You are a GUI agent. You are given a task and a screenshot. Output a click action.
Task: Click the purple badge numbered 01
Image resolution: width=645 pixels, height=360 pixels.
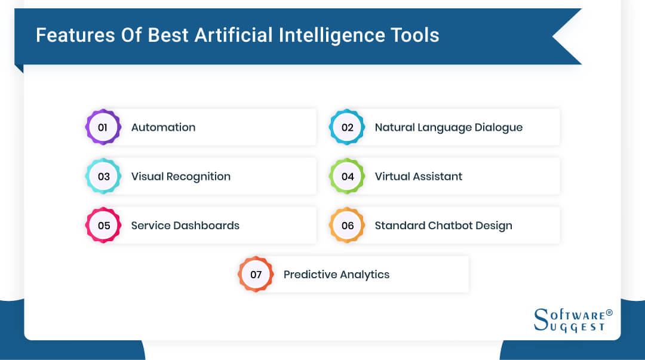103,127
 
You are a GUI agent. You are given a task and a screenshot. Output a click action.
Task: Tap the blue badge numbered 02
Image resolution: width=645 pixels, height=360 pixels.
347,127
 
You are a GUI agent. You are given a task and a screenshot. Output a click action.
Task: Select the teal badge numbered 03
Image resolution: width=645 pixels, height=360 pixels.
103,176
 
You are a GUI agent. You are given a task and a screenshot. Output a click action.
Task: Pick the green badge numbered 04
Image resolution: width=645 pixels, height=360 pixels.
347,176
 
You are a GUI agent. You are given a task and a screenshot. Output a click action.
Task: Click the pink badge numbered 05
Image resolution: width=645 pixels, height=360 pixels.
103,226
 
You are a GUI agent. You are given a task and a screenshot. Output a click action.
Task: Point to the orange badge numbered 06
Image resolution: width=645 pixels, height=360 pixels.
347,226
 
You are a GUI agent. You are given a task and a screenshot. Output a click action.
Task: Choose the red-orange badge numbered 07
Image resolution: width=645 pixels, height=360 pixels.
256,275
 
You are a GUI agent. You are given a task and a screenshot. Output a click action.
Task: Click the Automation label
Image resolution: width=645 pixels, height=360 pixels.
163,127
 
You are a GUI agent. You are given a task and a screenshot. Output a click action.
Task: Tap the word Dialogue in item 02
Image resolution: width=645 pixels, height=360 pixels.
499,127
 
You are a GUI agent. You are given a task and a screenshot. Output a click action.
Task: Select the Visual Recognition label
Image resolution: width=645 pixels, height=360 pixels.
180,176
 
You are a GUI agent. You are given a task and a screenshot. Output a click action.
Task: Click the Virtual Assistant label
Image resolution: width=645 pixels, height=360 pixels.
418,176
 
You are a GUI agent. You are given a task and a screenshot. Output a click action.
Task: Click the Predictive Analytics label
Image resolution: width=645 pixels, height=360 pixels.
336,275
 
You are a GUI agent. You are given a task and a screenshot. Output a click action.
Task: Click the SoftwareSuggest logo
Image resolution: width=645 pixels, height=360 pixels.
570,321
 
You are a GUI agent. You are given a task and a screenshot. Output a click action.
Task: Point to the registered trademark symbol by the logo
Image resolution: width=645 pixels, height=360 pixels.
609,312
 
